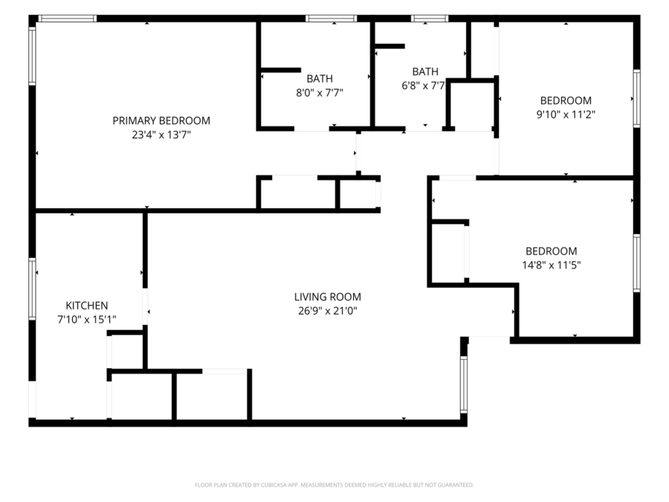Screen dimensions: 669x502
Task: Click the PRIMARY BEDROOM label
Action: point(161,120)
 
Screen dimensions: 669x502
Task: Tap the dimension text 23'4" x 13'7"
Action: point(161,135)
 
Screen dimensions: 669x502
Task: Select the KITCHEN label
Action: point(87,306)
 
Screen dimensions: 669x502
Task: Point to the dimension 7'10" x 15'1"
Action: point(87,319)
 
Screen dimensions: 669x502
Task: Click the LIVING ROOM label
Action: point(328,297)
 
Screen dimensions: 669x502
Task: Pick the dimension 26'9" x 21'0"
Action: point(328,311)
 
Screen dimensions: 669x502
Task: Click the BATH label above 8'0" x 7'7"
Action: point(320,79)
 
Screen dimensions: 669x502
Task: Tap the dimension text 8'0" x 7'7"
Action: point(320,93)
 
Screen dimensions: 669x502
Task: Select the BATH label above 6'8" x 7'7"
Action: point(425,71)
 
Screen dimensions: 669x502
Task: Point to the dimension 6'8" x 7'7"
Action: point(423,86)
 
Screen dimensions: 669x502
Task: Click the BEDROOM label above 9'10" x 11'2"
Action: point(566,100)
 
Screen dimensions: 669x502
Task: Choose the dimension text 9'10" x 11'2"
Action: point(566,115)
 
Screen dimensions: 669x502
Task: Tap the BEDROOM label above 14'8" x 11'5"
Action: point(552,251)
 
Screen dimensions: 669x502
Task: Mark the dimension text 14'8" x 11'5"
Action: point(552,265)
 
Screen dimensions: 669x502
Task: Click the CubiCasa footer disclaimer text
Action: point(334,485)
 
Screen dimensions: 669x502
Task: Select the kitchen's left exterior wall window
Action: point(33,289)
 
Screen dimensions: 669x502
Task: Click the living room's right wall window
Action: point(464,384)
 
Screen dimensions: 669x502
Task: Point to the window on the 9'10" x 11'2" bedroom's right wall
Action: point(636,99)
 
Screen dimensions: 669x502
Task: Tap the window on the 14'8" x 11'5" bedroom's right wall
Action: point(636,263)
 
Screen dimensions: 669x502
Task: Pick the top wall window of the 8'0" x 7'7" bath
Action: point(331,19)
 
